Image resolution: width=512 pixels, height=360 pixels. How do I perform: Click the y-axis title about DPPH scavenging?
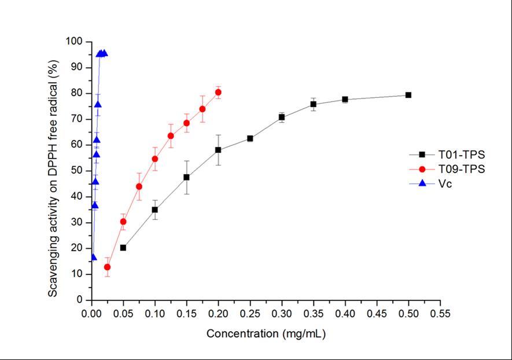click(53, 171)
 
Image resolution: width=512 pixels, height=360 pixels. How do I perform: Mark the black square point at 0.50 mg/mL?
click(408, 95)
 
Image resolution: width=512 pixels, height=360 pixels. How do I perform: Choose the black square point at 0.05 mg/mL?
click(123, 248)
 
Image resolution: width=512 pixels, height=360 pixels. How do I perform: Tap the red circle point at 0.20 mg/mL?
click(218, 92)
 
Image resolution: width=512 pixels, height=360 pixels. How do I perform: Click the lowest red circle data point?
click(107, 267)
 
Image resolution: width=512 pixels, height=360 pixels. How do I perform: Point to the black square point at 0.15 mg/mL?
click(186, 177)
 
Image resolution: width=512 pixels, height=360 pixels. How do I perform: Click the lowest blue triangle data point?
click(93, 257)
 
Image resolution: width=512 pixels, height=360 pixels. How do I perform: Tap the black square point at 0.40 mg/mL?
click(345, 100)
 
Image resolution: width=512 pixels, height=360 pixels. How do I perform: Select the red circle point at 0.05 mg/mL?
click(123, 222)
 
